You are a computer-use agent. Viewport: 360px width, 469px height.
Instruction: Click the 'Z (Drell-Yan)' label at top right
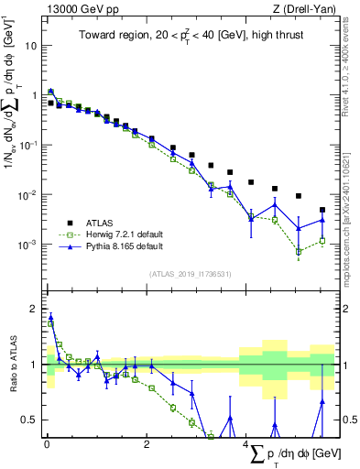pyautogui.click(x=301, y=7)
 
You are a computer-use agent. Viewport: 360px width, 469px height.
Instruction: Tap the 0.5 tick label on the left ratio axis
pyautogui.click(x=29, y=420)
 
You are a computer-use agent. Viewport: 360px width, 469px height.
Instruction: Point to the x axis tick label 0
pyautogui.click(x=47, y=445)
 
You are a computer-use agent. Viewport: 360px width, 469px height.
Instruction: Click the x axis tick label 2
pyautogui.click(x=147, y=445)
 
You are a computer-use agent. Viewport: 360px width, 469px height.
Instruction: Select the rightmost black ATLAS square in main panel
pyautogui.click(x=322, y=210)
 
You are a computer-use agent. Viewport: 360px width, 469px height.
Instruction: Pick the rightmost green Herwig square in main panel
pyautogui.click(x=322, y=241)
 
